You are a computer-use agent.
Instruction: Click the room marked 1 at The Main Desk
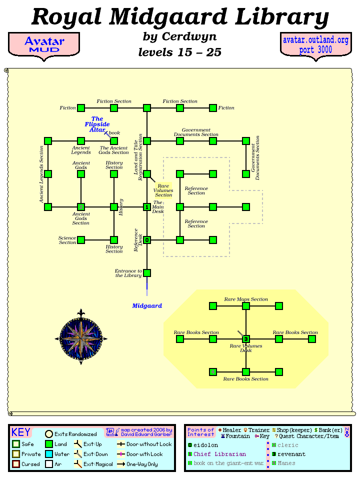(147, 207)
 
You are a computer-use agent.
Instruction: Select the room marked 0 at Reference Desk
(147, 240)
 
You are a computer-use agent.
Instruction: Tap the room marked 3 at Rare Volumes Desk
(246, 339)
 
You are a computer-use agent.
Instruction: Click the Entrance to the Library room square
(147, 273)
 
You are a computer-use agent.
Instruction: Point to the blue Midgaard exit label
(147, 305)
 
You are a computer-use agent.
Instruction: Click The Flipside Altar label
(97, 124)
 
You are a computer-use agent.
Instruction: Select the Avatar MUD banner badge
(44, 44)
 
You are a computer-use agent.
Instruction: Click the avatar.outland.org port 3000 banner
(315, 44)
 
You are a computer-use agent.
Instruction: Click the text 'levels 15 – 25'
(179, 52)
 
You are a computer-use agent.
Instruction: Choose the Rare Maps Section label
(246, 299)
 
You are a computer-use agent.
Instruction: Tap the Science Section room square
(81, 240)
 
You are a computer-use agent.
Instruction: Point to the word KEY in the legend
(20, 432)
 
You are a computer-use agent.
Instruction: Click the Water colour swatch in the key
(49, 454)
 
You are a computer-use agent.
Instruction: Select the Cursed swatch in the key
(16, 464)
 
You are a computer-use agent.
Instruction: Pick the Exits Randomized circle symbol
(49, 434)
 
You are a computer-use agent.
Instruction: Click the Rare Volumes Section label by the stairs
(163, 190)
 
